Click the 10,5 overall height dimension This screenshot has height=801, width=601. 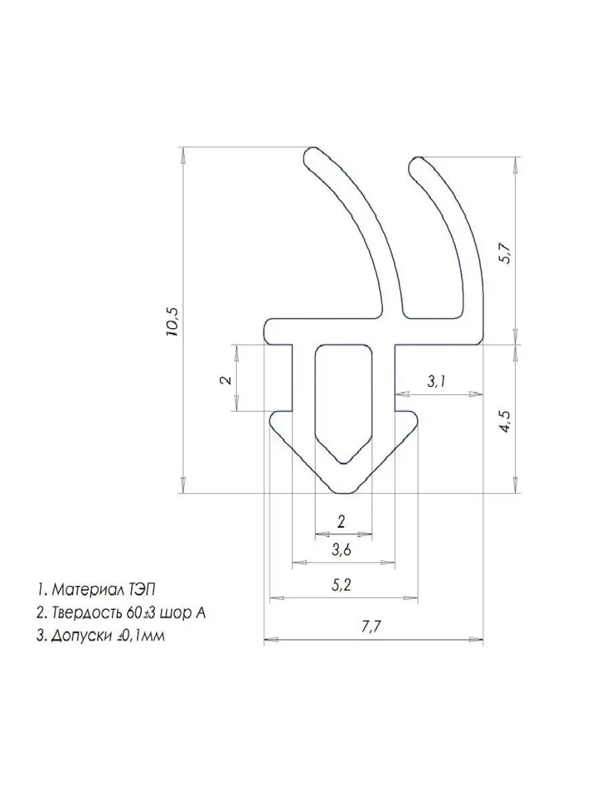tap(172, 321)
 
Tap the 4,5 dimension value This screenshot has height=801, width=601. tap(508, 421)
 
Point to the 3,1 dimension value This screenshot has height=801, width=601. tap(436, 382)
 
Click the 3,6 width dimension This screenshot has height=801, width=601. tap(341, 560)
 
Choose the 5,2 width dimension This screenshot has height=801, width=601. tap(341, 595)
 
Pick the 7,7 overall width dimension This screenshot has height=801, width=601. tap(371, 637)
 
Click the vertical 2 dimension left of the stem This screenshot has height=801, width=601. tap(227, 380)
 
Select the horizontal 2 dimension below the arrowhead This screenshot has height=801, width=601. tap(341, 522)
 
